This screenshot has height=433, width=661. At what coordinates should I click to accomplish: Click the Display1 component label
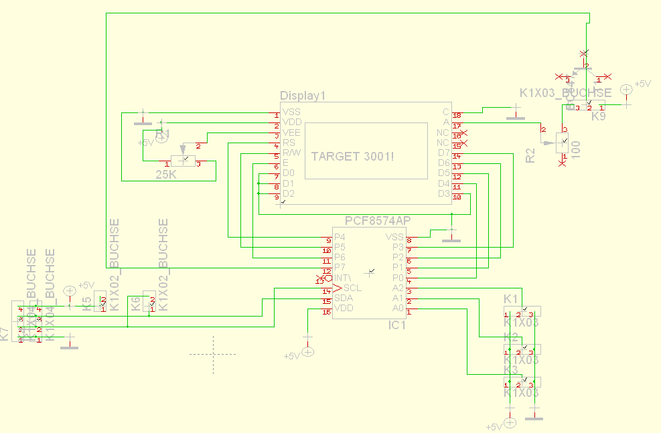pos(302,96)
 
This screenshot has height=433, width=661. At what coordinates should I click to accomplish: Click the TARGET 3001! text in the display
pos(352,155)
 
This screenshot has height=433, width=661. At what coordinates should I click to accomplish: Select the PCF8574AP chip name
pos(378,221)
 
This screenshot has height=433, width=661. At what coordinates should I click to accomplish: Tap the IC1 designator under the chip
pos(398,325)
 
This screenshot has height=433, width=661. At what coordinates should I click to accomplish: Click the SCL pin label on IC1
pos(352,288)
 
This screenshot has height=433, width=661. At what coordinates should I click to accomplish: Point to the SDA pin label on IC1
pos(344,298)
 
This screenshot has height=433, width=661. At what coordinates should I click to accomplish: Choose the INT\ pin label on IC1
pos(343,278)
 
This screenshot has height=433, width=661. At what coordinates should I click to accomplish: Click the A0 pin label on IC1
pos(398,308)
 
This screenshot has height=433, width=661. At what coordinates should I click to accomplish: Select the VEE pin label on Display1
pos(291,133)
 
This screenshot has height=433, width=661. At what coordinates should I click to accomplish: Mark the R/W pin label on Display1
pos(293,153)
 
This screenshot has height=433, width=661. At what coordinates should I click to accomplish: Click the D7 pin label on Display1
pos(444,153)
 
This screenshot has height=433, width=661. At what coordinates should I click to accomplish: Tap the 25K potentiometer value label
pos(166,175)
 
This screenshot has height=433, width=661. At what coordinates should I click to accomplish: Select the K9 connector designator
pos(598,116)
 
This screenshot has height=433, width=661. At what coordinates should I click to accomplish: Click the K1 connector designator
pos(511,298)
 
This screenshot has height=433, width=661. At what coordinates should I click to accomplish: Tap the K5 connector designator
pos(87,305)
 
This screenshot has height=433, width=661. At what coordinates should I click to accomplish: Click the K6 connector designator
pos(136,305)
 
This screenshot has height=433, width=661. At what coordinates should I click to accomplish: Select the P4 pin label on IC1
pos(340,237)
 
